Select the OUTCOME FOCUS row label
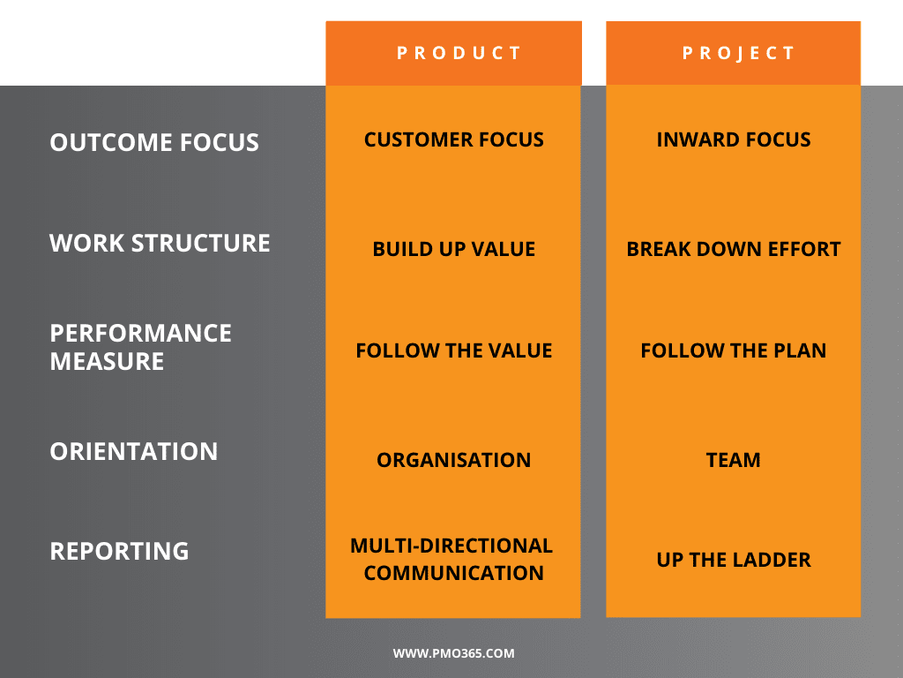[154, 143]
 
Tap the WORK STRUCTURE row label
[160, 244]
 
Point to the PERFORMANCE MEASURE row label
[140, 347]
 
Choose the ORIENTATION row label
[133, 451]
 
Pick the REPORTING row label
[119, 551]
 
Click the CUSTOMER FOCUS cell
[453, 139]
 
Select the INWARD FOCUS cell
[733, 139]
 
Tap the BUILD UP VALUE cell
[453, 249]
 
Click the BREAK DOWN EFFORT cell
[733, 249]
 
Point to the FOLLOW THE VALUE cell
[453, 350]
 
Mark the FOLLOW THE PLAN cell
[733, 350]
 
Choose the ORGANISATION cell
[453, 460]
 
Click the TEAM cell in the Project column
[733, 460]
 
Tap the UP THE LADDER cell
[733, 560]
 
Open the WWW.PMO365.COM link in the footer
[453, 654]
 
